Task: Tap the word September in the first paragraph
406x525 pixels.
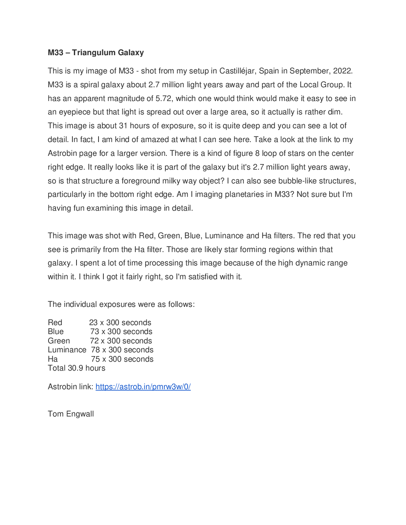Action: click(309, 71)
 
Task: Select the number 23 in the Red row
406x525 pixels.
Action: click(93, 323)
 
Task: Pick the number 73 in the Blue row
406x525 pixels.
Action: click(94, 331)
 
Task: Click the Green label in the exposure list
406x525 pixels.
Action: click(59, 341)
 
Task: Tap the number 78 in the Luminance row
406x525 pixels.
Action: click(96, 350)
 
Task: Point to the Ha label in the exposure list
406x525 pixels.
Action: click(53, 359)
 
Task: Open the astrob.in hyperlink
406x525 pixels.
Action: click(143, 387)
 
